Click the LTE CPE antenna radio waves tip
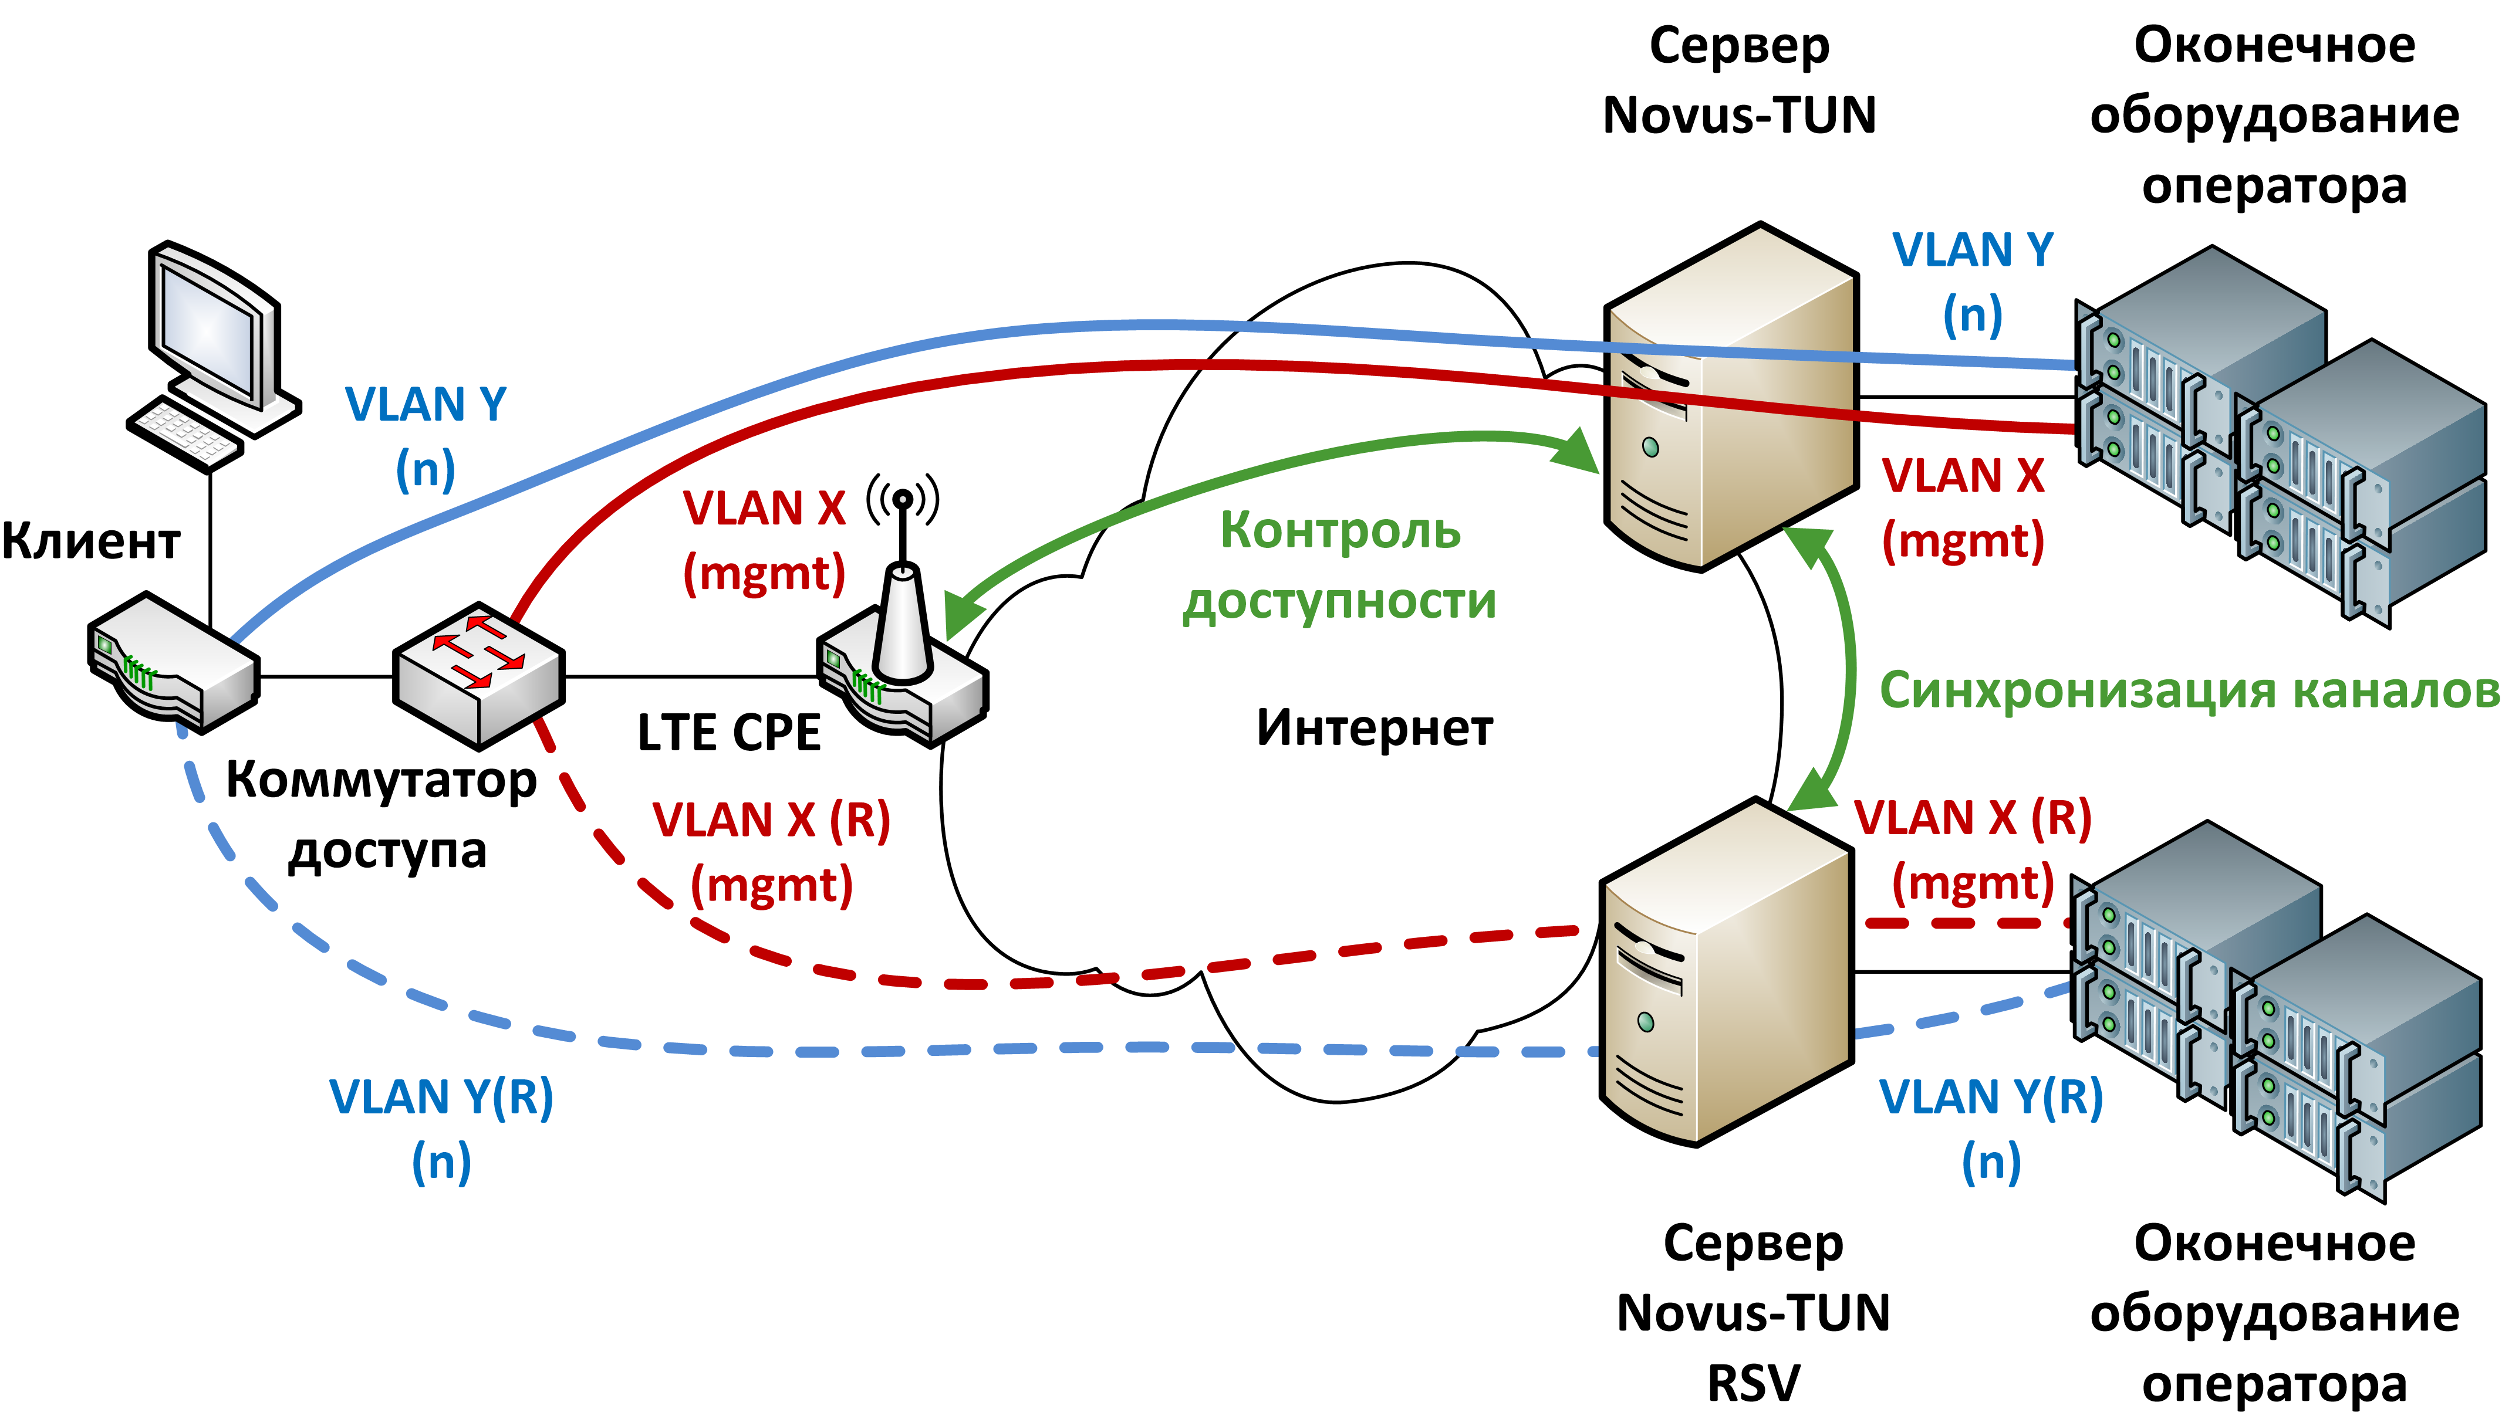click(903, 500)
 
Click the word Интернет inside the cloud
click(1374, 728)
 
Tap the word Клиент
click(91, 541)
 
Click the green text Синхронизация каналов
click(2189, 690)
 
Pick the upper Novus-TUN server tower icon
click(1731, 399)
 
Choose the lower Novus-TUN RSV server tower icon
click(1726, 974)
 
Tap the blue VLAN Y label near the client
click(426, 436)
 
